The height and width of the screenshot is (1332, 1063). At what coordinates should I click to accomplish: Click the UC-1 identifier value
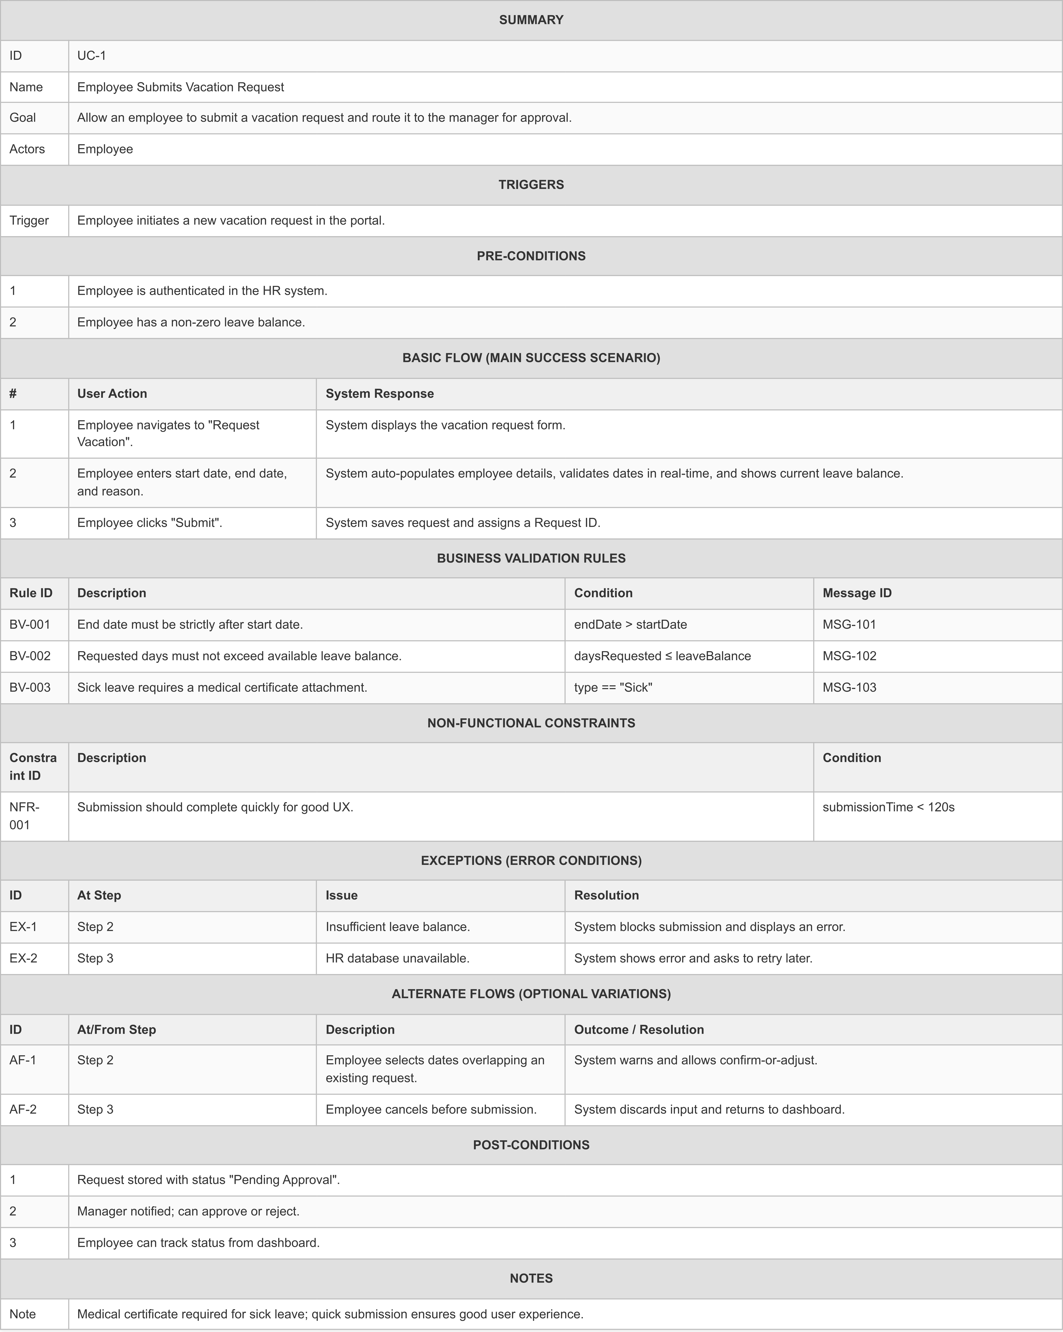click(x=91, y=56)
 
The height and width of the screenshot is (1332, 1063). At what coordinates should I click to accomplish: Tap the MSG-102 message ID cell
click(x=849, y=656)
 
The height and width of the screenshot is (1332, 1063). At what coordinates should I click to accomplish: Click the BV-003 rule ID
click(x=30, y=688)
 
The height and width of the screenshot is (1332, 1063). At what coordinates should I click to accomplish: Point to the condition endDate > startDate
click(x=630, y=624)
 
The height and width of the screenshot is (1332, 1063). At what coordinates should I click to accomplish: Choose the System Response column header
click(x=379, y=393)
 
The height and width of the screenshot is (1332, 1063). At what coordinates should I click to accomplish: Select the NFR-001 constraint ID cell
click(x=25, y=815)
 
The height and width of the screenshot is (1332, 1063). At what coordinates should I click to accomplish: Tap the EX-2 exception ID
click(x=24, y=958)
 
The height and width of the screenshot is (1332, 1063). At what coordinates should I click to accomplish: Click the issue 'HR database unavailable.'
click(x=397, y=958)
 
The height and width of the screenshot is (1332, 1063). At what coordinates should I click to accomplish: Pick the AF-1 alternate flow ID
click(x=23, y=1060)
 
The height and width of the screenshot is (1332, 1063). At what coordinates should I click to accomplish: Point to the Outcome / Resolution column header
click(x=639, y=1029)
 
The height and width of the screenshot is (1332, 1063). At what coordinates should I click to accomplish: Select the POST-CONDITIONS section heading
click(x=531, y=1145)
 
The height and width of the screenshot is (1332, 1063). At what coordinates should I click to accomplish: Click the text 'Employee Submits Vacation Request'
click(x=180, y=87)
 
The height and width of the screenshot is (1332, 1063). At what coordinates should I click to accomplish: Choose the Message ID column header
click(x=857, y=593)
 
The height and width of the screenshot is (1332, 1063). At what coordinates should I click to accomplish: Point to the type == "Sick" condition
click(x=613, y=688)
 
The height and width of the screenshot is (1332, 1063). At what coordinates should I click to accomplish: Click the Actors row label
click(x=27, y=149)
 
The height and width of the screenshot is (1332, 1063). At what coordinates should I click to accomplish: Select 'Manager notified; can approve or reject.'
click(x=188, y=1211)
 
